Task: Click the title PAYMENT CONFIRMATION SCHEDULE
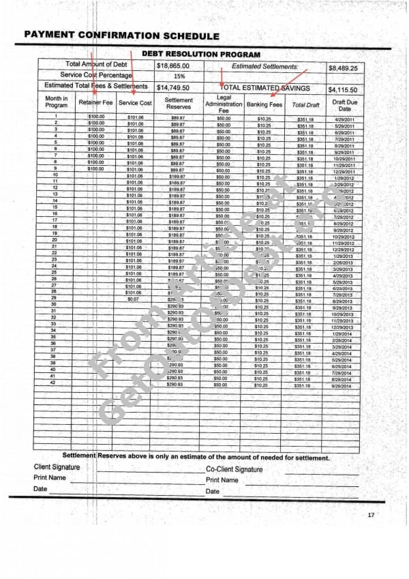pos(121,35)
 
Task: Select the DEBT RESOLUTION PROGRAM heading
pos(200,53)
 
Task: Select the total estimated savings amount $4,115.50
pos(347,89)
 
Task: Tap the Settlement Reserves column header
pos(179,103)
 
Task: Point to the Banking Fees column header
pos(264,104)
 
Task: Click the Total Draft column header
pos(305,104)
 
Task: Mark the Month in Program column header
pos(56,102)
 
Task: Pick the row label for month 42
pos(54,383)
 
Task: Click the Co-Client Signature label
pos(234,469)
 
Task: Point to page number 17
pos(371,515)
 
